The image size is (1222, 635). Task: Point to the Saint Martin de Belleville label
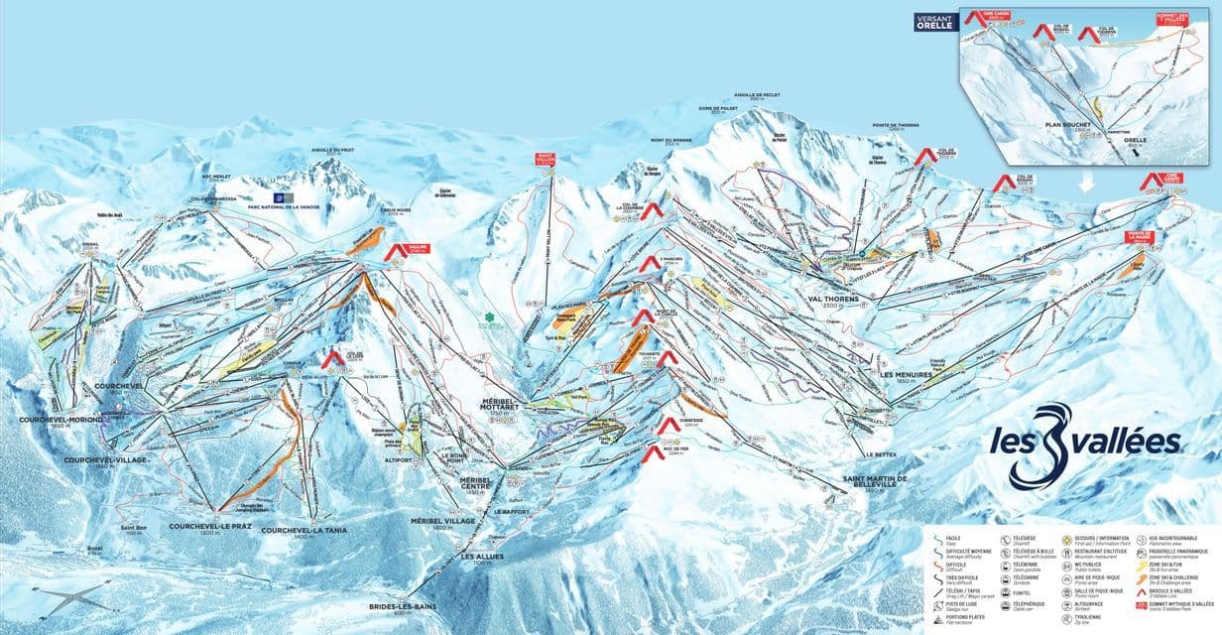[874, 480]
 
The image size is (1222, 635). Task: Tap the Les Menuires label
[904, 375]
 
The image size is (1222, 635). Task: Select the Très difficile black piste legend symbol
[938, 579]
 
